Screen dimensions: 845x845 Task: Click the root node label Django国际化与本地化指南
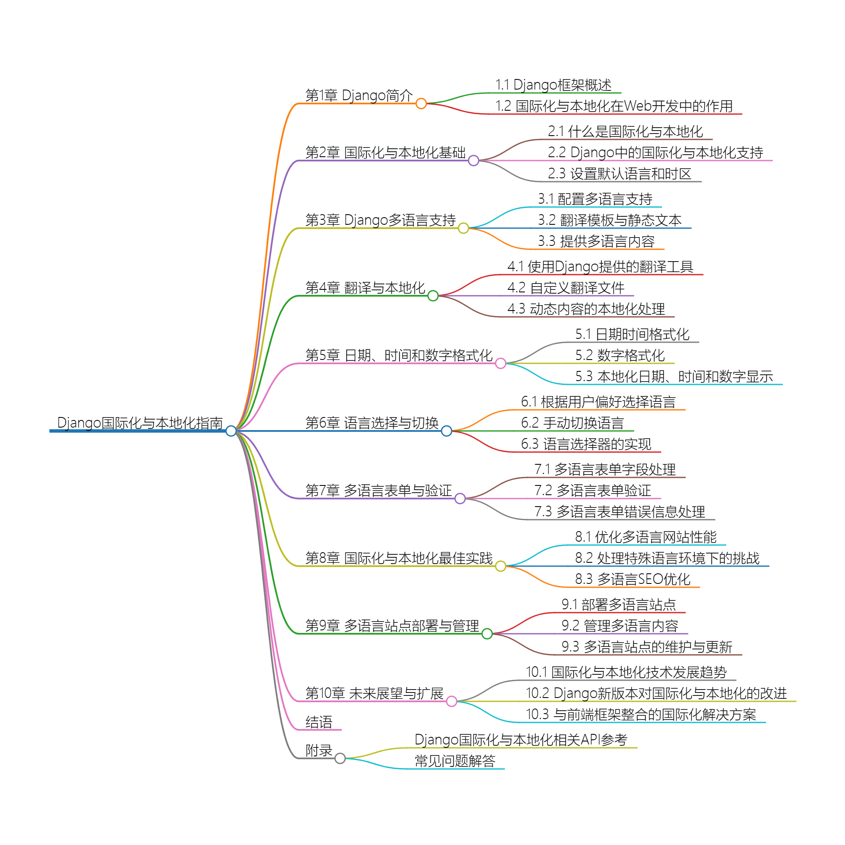[140, 423]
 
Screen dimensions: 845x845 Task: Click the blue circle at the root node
[231, 431]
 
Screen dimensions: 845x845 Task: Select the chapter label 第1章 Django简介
[359, 95]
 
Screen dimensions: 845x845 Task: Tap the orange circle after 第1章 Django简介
[421, 104]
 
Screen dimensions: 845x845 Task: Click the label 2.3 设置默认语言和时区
[619, 174]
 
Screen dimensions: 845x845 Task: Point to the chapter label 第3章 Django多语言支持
[380, 220]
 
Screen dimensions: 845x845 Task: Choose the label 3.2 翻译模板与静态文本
[609, 220]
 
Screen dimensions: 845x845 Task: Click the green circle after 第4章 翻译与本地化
[433, 296]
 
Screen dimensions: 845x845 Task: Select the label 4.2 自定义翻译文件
[566, 288]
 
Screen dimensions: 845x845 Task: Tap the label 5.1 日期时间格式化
[632, 335]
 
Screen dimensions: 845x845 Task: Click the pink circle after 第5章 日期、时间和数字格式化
[500, 363]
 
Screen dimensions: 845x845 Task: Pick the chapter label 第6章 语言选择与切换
[372, 423]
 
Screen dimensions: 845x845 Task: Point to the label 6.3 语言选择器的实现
[586, 444]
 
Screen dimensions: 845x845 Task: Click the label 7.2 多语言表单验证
[592, 490]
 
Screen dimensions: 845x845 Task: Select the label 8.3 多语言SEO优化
[632, 579]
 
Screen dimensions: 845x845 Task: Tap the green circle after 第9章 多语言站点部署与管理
[487, 634]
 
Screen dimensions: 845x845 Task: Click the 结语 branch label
[319, 722]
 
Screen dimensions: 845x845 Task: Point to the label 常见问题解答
[455, 761]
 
